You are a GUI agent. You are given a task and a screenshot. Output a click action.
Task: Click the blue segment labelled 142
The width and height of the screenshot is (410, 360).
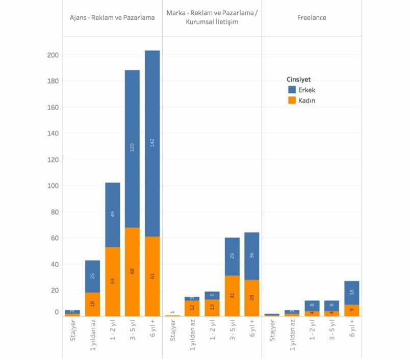pos(152,143)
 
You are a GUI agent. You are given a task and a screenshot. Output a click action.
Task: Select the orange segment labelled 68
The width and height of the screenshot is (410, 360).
pos(133,272)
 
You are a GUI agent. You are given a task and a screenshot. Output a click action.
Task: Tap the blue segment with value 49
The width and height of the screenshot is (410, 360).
pos(112,214)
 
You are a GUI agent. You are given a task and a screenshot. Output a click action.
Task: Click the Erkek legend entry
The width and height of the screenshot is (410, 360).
pos(306,90)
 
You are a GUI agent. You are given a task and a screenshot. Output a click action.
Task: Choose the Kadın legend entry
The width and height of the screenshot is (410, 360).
pos(306,100)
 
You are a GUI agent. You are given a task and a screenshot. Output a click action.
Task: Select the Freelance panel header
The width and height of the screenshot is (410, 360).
pos(312,18)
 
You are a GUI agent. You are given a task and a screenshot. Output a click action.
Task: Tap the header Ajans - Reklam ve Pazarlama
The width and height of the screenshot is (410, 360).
pos(112,18)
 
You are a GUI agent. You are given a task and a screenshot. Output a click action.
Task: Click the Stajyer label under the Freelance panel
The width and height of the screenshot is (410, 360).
pos(272,332)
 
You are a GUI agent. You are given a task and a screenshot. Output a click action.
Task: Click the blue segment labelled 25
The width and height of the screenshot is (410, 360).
pos(92,276)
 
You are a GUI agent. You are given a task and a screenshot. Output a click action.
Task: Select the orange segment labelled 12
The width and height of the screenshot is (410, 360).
pos(192,307)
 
